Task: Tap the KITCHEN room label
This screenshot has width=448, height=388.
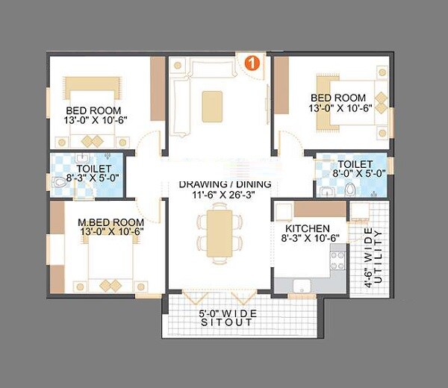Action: (308, 228)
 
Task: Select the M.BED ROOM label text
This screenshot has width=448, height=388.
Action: (110, 222)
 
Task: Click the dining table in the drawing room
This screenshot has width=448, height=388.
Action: (220, 234)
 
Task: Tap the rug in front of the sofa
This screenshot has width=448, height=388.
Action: (212, 101)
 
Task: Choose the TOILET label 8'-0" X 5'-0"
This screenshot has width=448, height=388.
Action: (350, 169)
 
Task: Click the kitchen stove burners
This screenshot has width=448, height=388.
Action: (337, 259)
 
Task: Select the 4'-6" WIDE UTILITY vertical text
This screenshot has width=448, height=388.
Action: (371, 255)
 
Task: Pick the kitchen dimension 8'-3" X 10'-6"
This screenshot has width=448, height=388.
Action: (308, 240)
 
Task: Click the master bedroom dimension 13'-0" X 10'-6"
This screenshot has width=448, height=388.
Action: (110, 232)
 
